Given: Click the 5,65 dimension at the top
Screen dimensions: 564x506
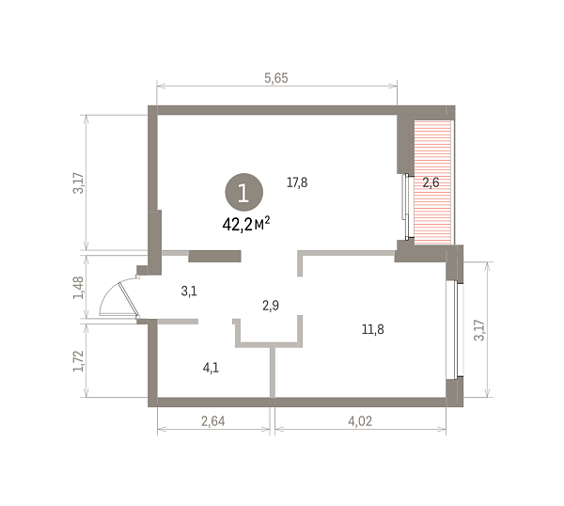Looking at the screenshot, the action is tap(276, 78).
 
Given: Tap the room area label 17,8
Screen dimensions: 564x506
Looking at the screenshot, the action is tap(297, 182).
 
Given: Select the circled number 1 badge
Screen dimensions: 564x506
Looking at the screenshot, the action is tap(243, 192).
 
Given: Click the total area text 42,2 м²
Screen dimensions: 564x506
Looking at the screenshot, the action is tap(246, 225).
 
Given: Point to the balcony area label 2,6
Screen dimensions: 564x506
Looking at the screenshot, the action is tap(431, 182).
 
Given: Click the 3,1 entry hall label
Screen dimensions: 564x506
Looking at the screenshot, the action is tap(189, 291).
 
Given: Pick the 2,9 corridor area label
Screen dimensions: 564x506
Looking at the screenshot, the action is tap(271, 306).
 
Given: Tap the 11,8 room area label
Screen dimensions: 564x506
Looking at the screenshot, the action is tap(372, 329).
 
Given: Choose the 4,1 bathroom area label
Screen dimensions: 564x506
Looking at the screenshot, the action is tap(211, 368).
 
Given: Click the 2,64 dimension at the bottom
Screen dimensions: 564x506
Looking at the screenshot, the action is tap(213, 420).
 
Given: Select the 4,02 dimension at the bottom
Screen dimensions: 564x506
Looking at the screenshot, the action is tap(360, 420).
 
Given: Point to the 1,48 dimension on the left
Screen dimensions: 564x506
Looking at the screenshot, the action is tap(78, 288).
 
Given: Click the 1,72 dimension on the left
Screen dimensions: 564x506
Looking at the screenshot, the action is tap(78, 361).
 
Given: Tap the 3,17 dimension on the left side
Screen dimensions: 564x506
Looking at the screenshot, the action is tap(78, 183).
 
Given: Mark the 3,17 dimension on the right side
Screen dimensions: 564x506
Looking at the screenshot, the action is tap(479, 330).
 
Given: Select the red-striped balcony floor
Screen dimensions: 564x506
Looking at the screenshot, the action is tap(432, 182).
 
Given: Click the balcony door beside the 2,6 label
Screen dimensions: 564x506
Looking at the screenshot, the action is tap(406, 207).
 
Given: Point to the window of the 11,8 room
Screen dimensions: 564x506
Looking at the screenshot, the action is tap(454, 330).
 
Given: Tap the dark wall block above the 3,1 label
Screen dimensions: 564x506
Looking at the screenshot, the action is tap(214, 256).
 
